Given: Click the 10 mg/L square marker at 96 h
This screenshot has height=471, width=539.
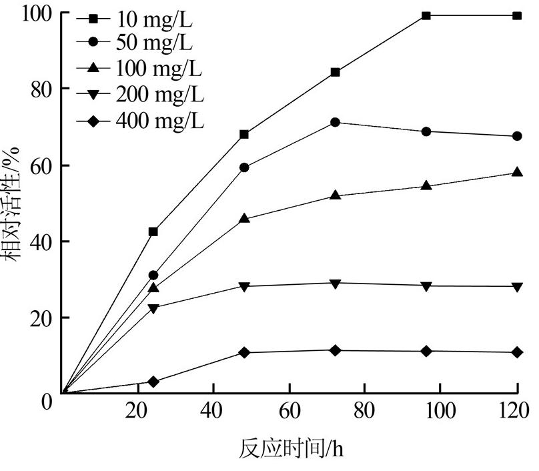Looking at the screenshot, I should click(x=426, y=15).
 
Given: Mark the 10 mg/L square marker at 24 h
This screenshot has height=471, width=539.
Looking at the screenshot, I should click(x=153, y=231).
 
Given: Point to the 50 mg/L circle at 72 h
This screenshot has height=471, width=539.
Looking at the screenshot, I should click(x=336, y=122).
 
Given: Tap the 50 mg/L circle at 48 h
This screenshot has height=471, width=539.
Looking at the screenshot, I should click(x=244, y=167).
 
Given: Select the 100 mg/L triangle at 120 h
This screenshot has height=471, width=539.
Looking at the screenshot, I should click(x=518, y=172).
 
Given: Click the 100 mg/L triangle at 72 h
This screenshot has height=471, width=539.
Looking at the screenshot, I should click(x=336, y=195).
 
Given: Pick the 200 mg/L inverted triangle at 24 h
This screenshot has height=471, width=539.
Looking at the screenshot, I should click(x=153, y=308).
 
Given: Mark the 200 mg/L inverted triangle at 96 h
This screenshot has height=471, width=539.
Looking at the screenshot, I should click(x=426, y=286).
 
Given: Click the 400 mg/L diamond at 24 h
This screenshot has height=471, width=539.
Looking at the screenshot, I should click(x=153, y=382).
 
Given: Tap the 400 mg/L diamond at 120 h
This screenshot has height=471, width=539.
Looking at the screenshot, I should click(x=518, y=352).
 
